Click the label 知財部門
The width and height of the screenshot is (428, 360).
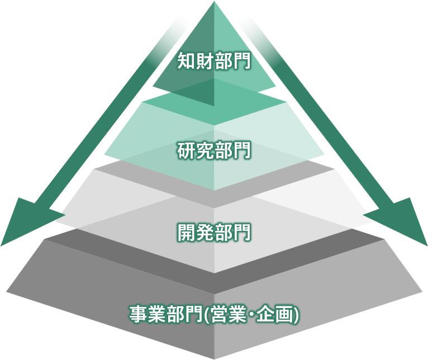click(x=214, y=60)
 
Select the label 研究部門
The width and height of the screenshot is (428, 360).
click(x=214, y=150)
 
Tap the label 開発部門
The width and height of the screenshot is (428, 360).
click(x=214, y=233)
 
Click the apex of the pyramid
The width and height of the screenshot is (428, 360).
click(x=214, y=2)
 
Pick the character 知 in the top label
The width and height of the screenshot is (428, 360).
click(x=187, y=60)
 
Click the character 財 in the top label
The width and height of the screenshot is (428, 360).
click(x=205, y=60)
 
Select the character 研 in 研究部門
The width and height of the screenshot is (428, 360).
click(x=187, y=150)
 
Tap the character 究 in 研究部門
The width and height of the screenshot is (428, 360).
click(x=205, y=150)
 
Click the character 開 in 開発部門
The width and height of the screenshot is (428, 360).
click(x=187, y=233)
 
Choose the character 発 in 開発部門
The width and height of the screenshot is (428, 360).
click(x=205, y=233)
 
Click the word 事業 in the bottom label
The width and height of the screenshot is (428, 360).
click(x=148, y=314)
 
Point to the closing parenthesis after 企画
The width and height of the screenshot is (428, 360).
click(x=296, y=315)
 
